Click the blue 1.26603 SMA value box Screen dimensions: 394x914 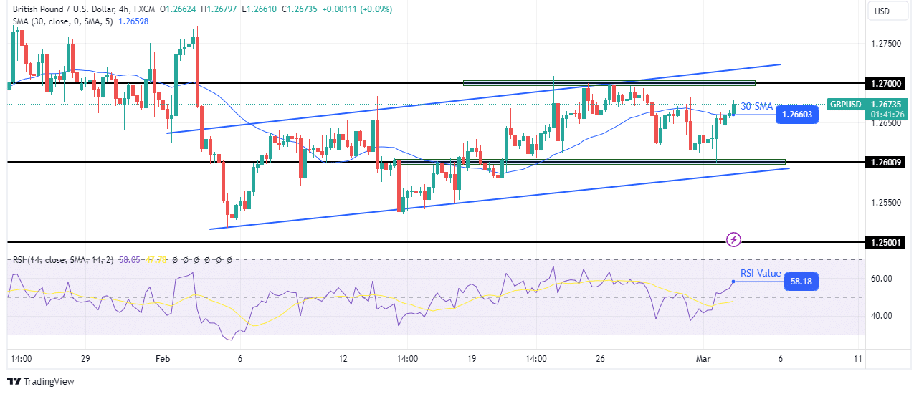[x=796, y=115]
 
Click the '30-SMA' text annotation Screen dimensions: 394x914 [x=756, y=106]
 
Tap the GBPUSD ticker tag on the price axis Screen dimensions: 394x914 [x=846, y=104]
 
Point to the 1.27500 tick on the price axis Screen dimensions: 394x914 [x=887, y=44]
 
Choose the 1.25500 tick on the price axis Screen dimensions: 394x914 [x=887, y=203]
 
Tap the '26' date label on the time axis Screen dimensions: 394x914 [x=601, y=357]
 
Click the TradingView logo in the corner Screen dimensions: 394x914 [x=41, y=381]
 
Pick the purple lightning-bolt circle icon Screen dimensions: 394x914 [x=733, y=239]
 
